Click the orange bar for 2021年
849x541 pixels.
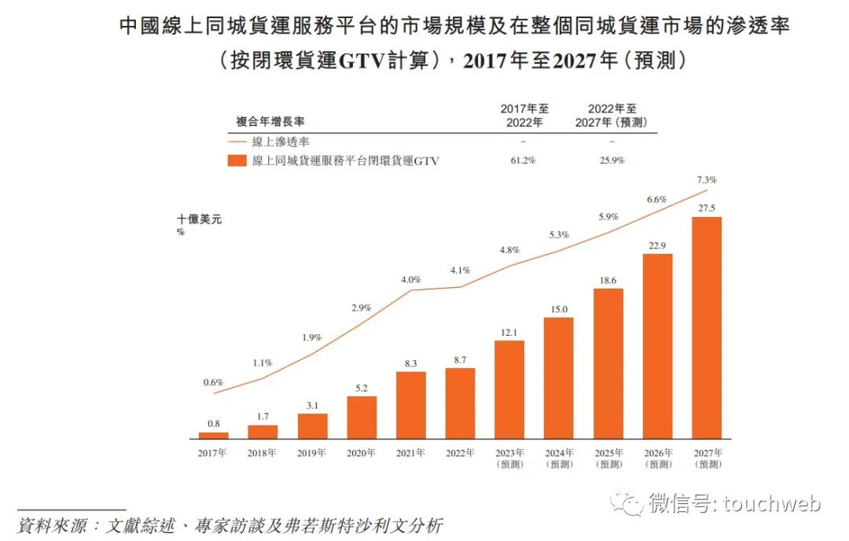411,404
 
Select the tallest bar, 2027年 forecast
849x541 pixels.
707,327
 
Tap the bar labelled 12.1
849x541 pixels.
509,389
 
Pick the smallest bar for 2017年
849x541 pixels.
214,435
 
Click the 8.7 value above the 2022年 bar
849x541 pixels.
460,359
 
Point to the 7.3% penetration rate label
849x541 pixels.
707,180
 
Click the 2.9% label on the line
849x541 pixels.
362,307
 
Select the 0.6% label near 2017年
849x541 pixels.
214,382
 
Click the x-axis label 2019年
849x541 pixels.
312,453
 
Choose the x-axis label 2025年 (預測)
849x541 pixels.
608,458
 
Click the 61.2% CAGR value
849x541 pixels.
523,160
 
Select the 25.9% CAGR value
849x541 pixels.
611,160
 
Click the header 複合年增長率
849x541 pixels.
270,122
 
